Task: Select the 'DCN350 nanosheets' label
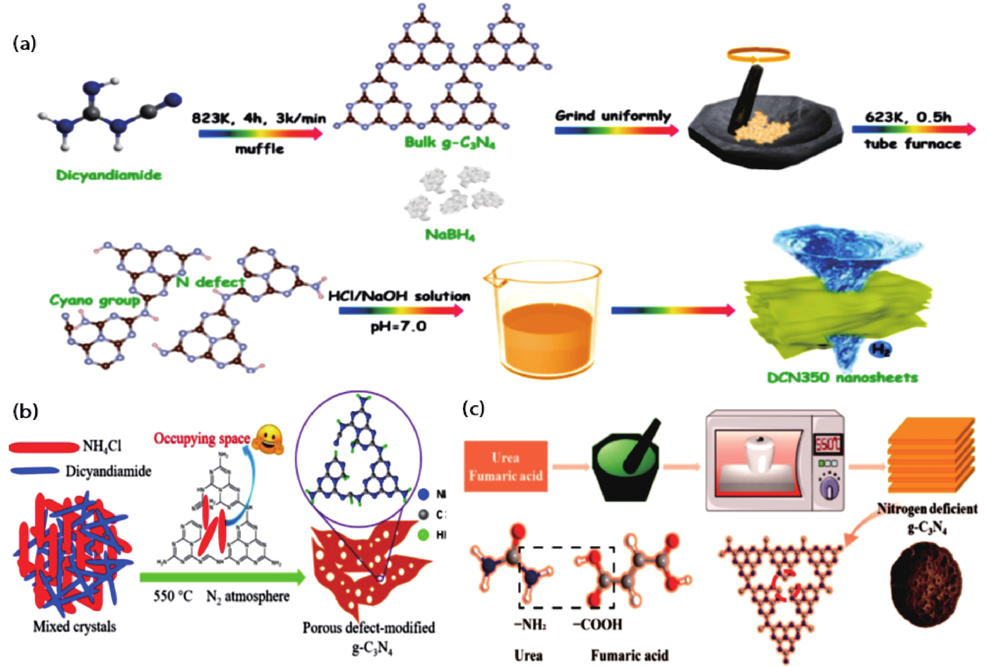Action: pos(842,377)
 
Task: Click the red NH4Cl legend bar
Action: pos(42,447)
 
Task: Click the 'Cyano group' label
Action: pos(95,302)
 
